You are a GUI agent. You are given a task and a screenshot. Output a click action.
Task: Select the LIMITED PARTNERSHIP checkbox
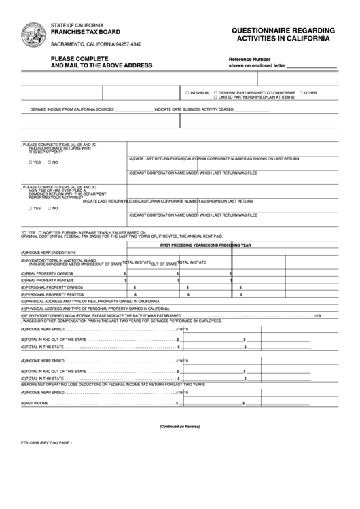[x=215, y=97]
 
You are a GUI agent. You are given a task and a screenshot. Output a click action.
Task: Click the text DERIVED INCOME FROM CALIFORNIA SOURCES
[x=71, y=109]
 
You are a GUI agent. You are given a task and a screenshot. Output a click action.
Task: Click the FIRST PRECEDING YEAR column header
[x=183, y=245]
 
